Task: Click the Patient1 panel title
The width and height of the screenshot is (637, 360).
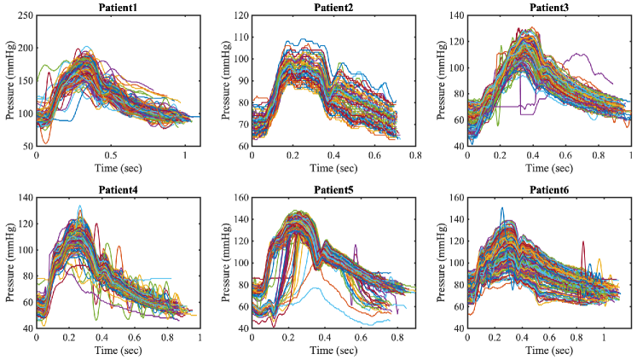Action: tap(117, 8)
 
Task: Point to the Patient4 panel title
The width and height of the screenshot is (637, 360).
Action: tap(117, 188)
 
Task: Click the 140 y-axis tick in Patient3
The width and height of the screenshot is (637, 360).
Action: tap(455, 16)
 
